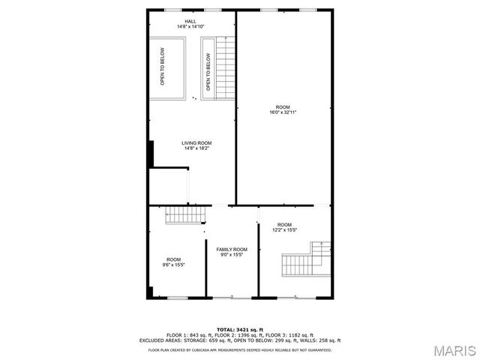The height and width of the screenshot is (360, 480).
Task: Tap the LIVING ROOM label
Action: (x=196, y=142)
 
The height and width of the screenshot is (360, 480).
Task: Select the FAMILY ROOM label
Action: (x=232, y=249)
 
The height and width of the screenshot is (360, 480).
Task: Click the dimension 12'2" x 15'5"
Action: (x=284, y=230)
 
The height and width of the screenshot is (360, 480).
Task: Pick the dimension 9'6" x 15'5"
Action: (x=173, y=265)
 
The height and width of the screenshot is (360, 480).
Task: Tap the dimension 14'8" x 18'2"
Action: (x=196, y=148)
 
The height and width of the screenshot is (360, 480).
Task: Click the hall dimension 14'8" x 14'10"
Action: (x=190, y=27)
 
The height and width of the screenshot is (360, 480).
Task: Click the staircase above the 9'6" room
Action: (x=184, y=216)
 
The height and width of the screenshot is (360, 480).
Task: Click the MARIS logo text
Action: (x=452, y=350)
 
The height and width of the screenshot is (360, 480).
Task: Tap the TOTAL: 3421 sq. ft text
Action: (x=239, y=329)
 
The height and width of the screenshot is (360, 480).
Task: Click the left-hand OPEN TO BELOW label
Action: (x=163, y=67)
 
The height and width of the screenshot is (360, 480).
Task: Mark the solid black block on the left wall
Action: (x=151, y=154)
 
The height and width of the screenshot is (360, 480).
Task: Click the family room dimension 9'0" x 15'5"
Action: (x=232, y=255)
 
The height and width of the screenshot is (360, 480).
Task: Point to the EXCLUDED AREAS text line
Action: (x=239, y=340)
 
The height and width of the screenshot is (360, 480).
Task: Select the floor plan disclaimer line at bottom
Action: (x=239, y=350)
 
